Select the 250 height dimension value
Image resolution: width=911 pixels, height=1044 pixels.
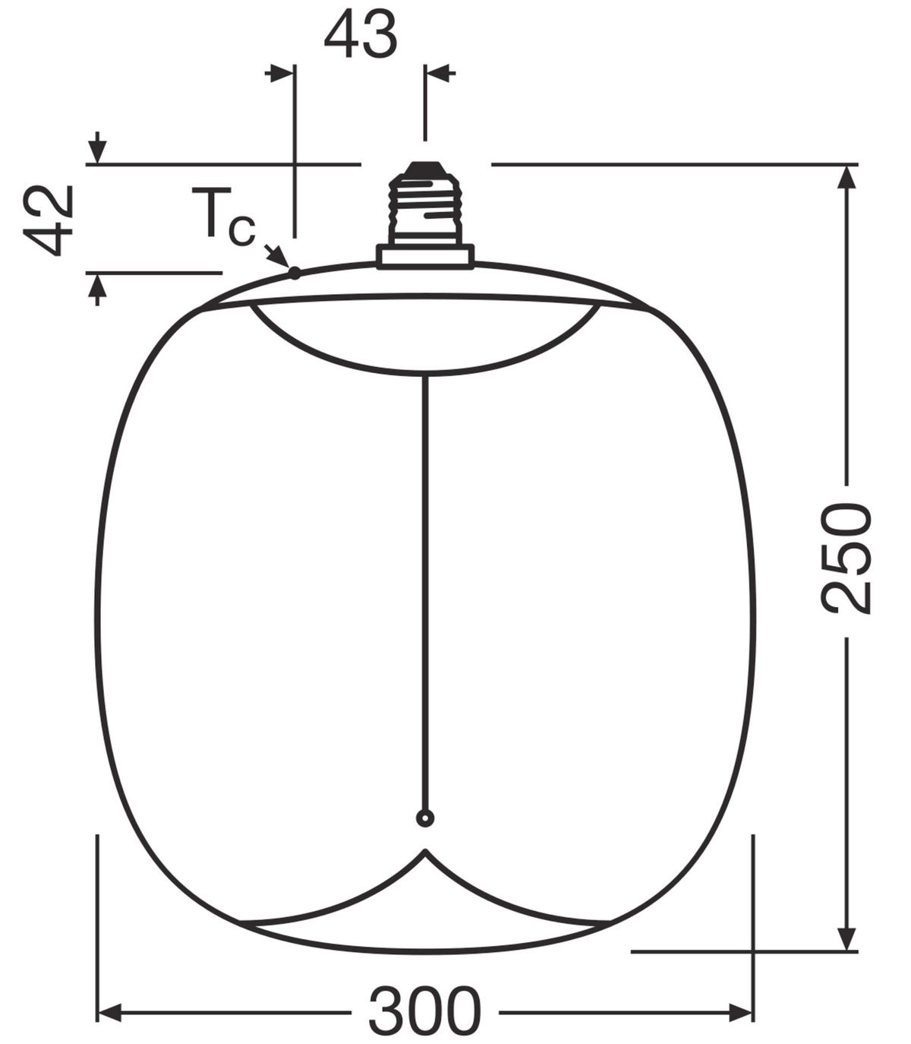846,558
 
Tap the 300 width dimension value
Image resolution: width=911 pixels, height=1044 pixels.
424,1011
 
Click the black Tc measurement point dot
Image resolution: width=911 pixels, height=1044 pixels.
295,273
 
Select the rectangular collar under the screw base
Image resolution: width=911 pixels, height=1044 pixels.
425,256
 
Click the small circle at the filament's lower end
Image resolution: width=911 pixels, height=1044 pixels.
425,818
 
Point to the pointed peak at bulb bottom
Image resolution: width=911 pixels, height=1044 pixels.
425,853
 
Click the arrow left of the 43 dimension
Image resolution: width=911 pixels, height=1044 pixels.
281,74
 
